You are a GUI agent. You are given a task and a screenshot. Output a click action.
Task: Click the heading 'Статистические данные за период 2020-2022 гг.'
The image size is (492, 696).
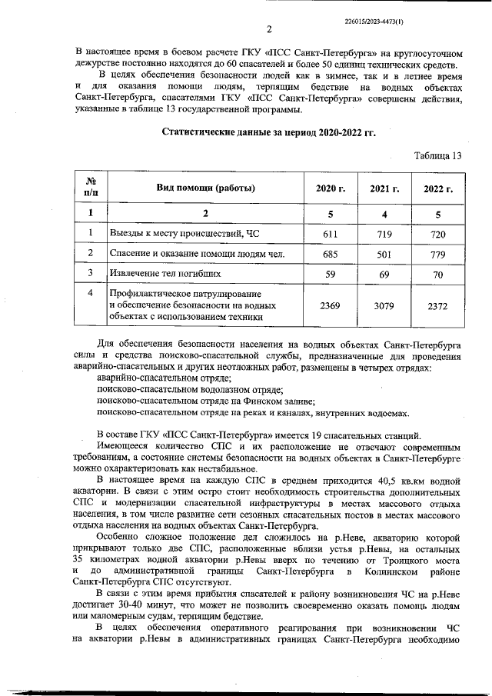click(x=268, y=132)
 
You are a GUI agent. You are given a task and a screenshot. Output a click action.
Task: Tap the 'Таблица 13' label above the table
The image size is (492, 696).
click(x=437, y=155)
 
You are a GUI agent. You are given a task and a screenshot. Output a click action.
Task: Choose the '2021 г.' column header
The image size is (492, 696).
click(x=384, y=188)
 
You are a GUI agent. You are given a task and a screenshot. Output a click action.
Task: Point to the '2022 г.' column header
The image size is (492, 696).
click(x=438, y=188)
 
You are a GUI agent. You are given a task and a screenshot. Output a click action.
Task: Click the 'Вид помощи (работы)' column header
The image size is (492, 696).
click(x=206, y=188)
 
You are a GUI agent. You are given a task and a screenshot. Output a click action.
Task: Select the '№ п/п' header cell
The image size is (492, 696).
click(x=91, y=188)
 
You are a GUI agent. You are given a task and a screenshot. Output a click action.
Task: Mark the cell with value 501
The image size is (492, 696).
click(x=384, y=254)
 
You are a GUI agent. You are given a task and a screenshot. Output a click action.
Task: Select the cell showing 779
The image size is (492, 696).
click(x=438, y=254)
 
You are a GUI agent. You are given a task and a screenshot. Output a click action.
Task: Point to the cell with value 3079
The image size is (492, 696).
click(x=384, y=305)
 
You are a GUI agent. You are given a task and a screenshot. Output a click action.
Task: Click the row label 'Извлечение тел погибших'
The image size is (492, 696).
click(x=165, y=273)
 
